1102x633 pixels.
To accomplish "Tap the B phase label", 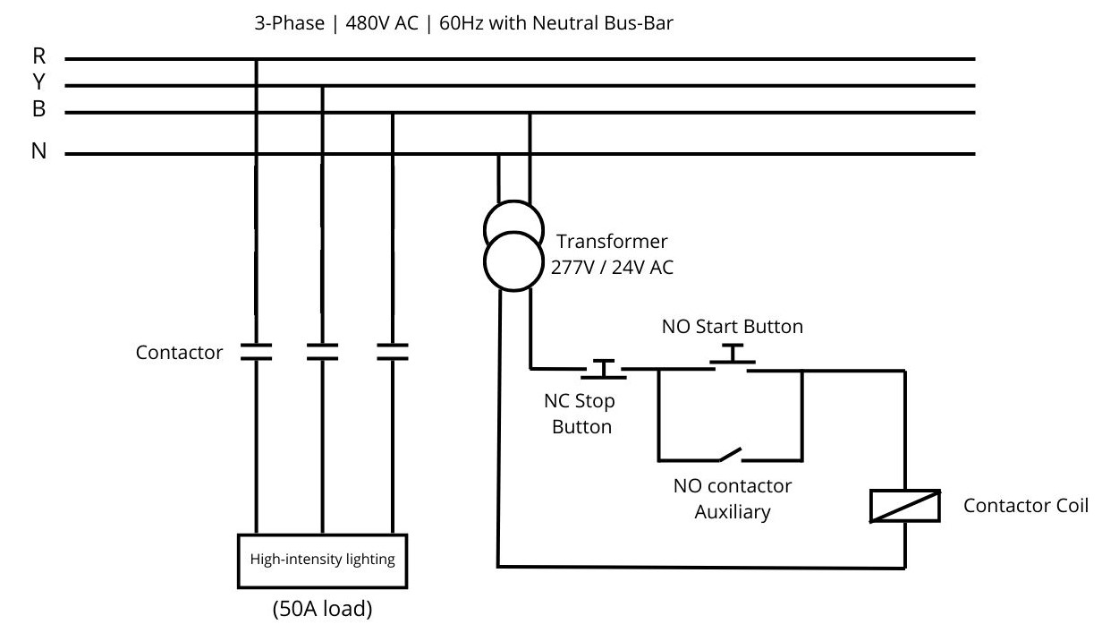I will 39,109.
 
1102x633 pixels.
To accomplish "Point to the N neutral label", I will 39,151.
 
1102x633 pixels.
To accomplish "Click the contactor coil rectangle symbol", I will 904,507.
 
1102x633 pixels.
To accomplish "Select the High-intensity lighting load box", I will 321,560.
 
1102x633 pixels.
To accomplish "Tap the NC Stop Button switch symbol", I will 606,369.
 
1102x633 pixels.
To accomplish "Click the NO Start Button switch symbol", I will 733,356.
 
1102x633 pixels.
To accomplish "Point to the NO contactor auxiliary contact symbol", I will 732,456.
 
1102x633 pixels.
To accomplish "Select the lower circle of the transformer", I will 513,261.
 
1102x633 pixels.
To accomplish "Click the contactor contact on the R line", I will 257,351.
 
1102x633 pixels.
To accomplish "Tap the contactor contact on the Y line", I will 322,351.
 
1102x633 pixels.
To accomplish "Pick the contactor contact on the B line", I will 392,351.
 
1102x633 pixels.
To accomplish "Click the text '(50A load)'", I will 322,611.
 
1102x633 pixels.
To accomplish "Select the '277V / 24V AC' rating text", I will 611,266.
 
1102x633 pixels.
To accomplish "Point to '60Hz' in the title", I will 463,24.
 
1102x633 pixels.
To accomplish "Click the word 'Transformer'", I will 612,242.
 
